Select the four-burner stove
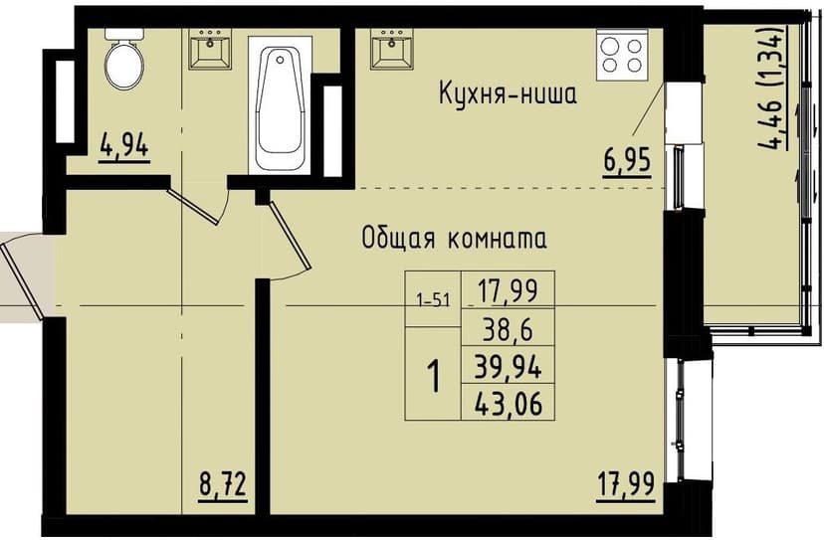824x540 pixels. pyautogui.click(x=622, y=54)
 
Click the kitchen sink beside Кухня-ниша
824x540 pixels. pyautogui.click(x=393, y=49)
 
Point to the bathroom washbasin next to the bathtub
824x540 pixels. pyautogui.click(x=209, y=49)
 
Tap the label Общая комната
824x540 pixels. pyautogui.click(x=455, y=239)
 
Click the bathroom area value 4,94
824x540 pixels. pyautogui.click(x=124, y=147)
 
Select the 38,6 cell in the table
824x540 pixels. pyautogui.click(x=509, y=328)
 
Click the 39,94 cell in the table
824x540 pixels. pyautogui.click(x=509, y=367)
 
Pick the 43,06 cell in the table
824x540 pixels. pyautogui.click(x=509, y=403)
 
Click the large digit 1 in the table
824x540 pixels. pyautogui.click(x=434, y=378)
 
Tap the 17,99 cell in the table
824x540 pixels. pyautogui.click(x=509, y=290)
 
